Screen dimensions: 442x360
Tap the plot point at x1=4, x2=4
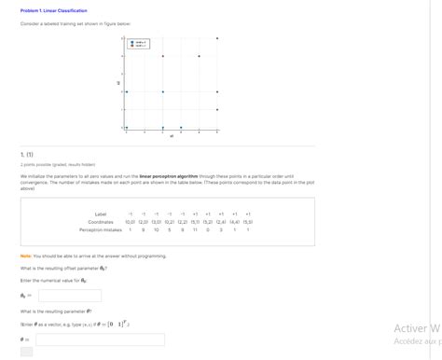pyautogui.click(x=199, y=56)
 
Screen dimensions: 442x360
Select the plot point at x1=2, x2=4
pyautogui.click(x=162, y=56)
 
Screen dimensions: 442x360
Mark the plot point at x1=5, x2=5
pyautogui.click(x=217, y=38)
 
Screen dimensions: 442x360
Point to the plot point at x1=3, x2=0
pyautogui.click(x=181, y=128)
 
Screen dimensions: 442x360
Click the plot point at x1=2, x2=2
pyautogui.click(x=162, y=91)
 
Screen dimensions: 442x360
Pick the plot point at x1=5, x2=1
pyautogui.click(x=217, y=110)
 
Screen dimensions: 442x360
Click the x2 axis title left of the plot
pyautogui.click(x=118, y=83)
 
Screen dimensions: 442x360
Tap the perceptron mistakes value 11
pyautogui.click(x=195, y=229)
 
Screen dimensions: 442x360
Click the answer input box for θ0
pyautogui.click(x=69, y=296)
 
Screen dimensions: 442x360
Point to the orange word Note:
pyautogui.click(x=26, y=256)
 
